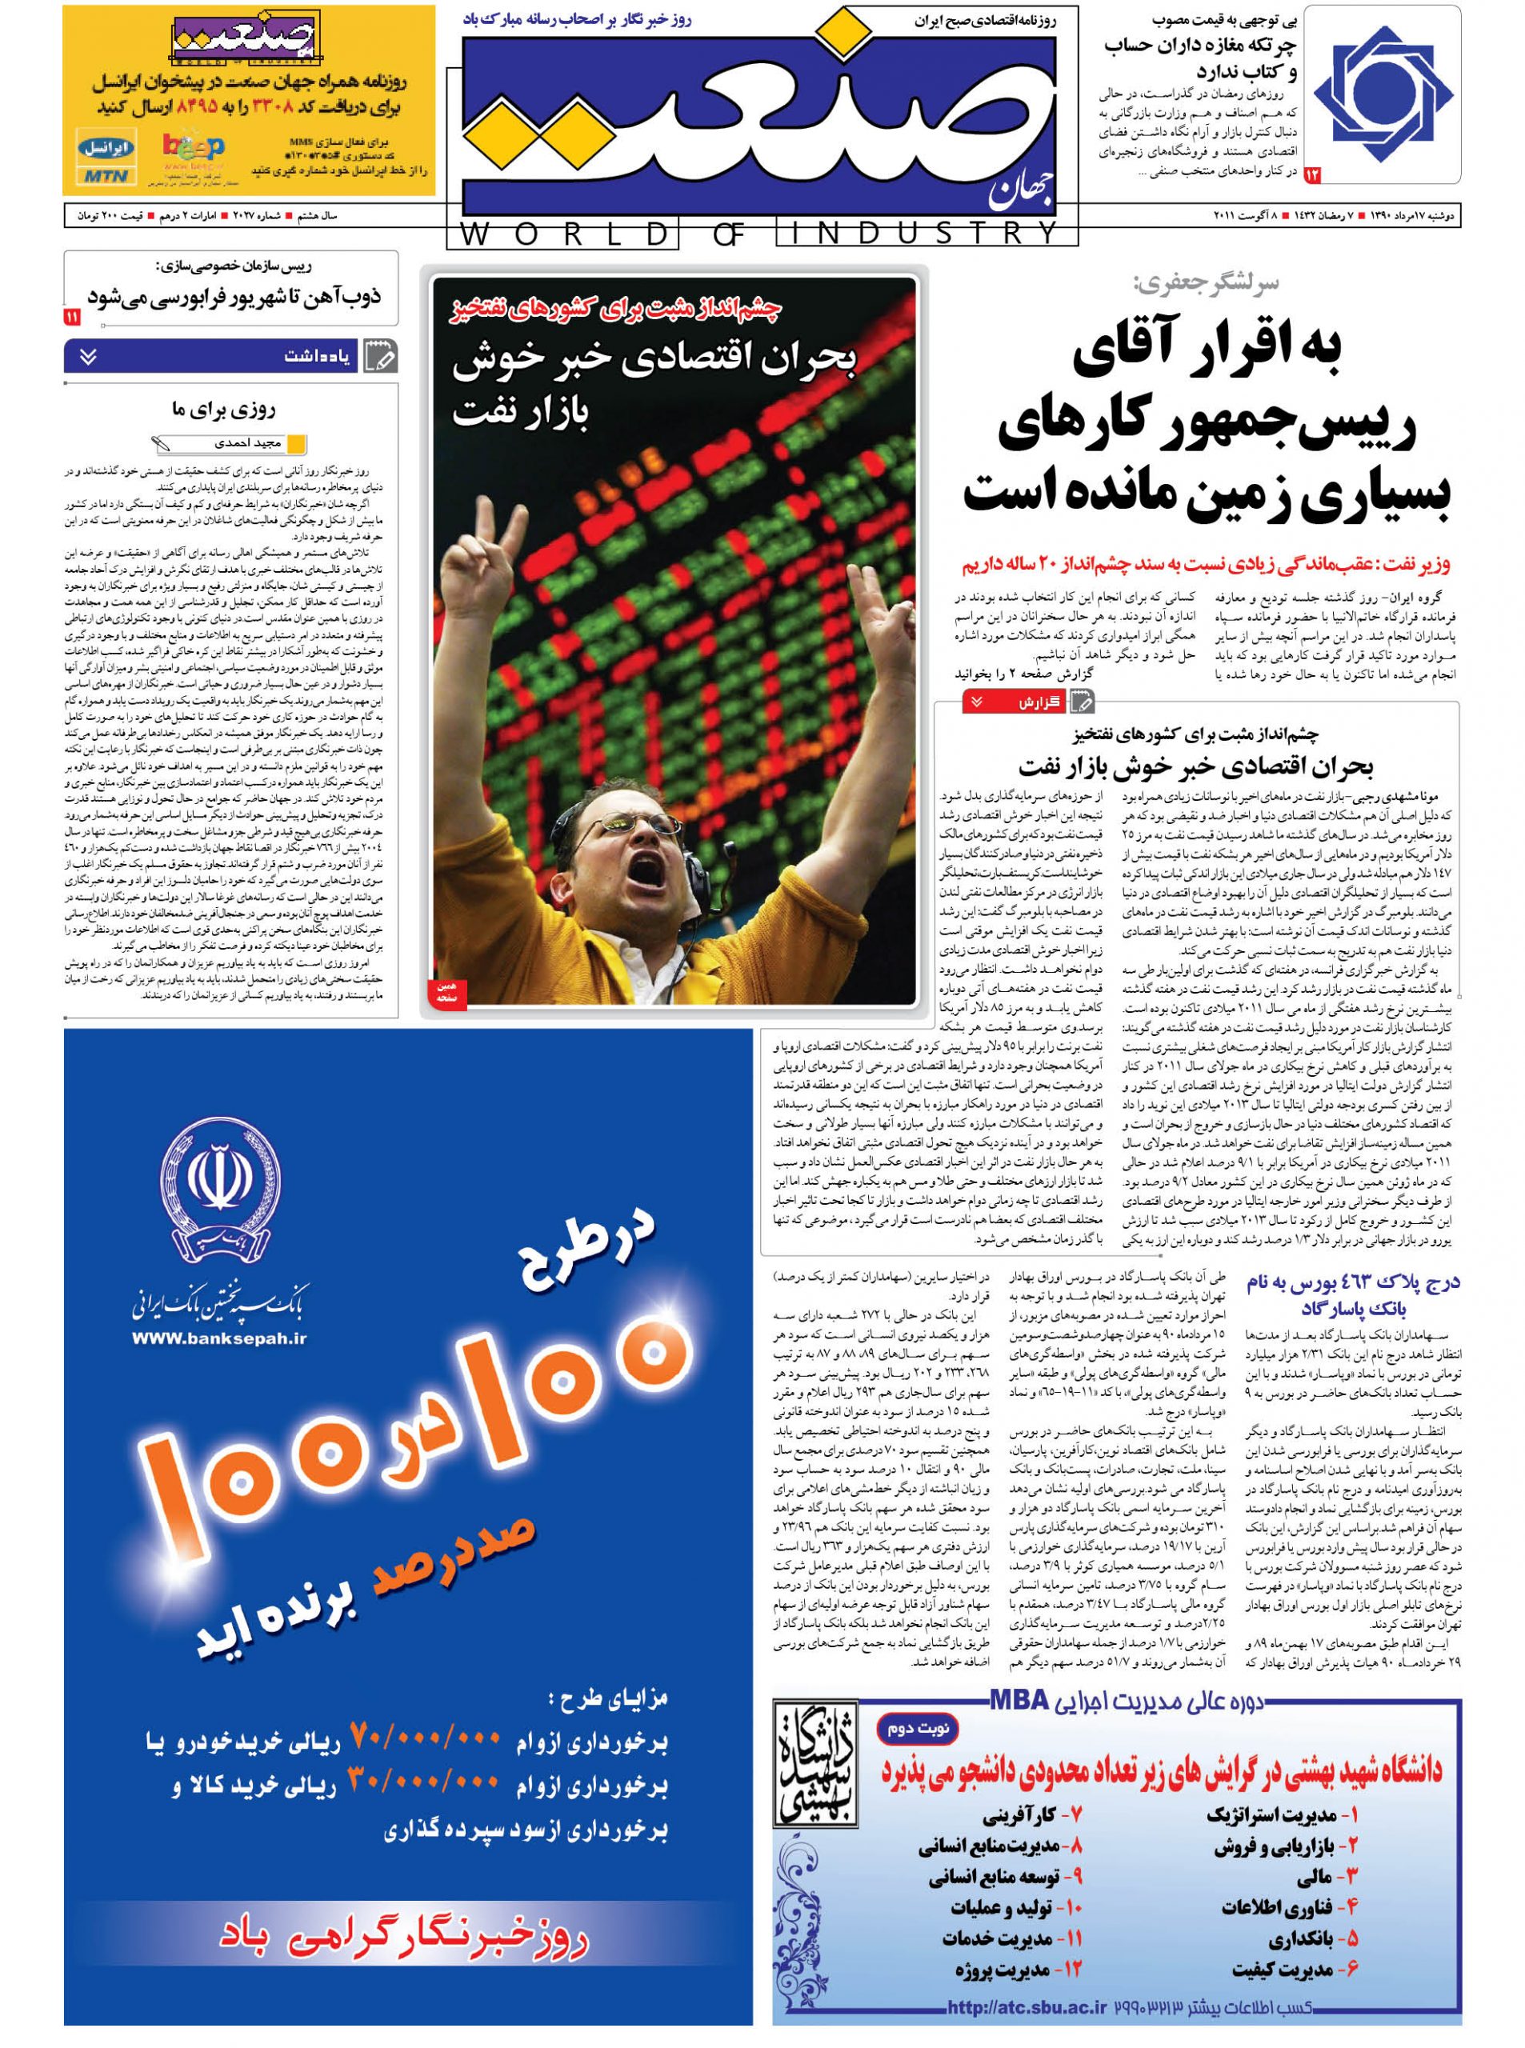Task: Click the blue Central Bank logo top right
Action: tap(1383, 94)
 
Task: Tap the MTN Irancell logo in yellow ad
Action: tap(108, 160)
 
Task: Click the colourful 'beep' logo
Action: tap(193, 148)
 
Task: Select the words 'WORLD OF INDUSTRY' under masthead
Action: tap(761, 234)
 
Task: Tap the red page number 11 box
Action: tap(73, 318)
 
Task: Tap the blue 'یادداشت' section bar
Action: tap(230, 356)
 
